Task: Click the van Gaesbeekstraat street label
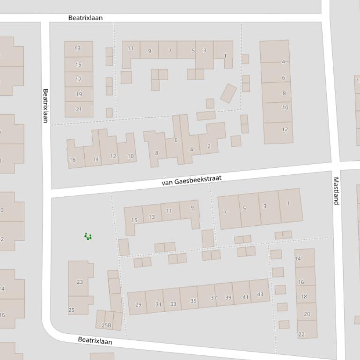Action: (x=191, y=180)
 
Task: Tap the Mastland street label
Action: (x=336, y=191)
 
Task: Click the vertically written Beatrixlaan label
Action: (x=45, y=106)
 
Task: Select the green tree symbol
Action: (x=88, y=237)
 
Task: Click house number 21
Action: (x=79, y=109)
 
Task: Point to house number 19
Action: (x=79, y=94)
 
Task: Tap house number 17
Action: (x=79, y=79)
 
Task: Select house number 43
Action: (x=260, y=294)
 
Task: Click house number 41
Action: (x=245, y=297)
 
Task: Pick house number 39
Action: (x=228, y=297)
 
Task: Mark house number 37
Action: (x=213, y=298)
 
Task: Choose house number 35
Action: (x=193, y=301)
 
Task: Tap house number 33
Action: (x=173, y=304)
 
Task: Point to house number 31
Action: (x=158, y=304)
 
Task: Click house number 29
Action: (x=138, y=304)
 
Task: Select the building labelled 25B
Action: (x=107, y=325)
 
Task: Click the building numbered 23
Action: (x=80, y=282)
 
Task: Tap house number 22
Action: (x=301, y=334)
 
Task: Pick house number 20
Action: (x=307, y=314)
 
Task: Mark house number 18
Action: (x=304, y=296)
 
